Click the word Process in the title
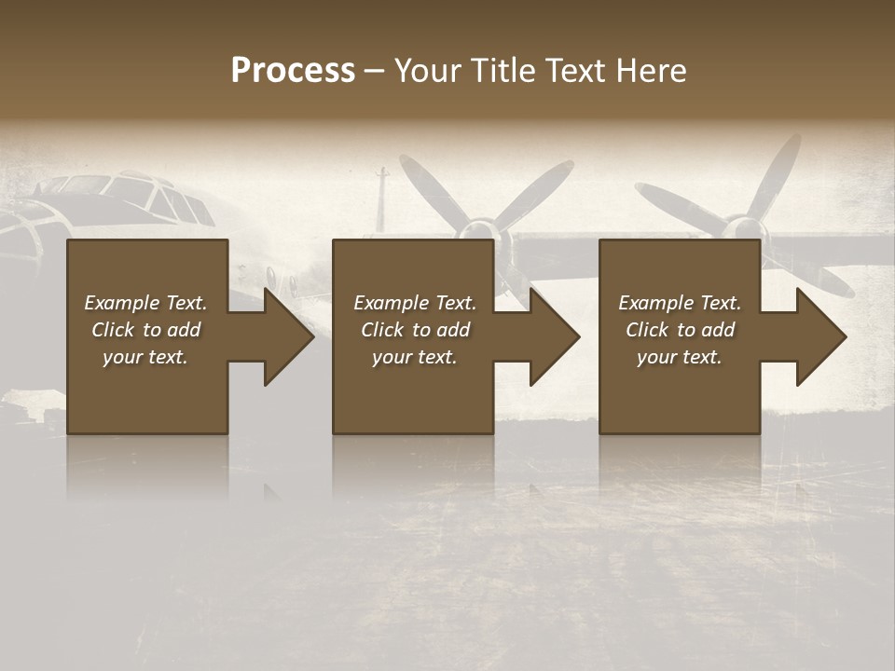click(x=293, y=71)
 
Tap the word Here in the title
click(x=652, y=71)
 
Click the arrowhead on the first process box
click(x=284, y=336)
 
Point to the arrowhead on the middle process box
click(x=550, y=336)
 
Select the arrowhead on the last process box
click(x=817, y=336)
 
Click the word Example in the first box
click(x=122, y=303)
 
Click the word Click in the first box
click(x=113, y=330)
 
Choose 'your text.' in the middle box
click(x=415, y=357)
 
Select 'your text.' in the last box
click(x=680, y=357)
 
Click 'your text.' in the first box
click(x=145, y=357)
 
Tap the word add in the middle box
click(x=453, y=330)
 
